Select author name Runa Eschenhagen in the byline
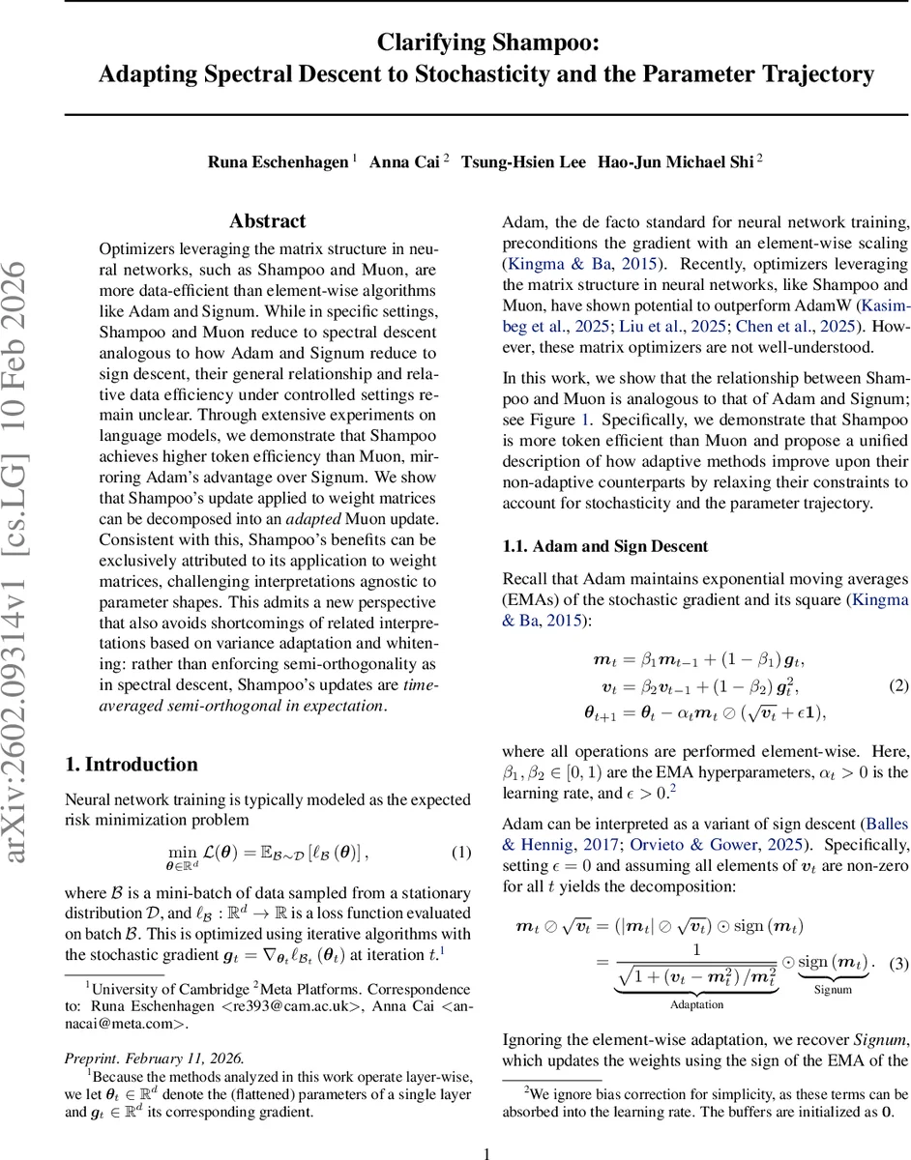[x=278, y=162]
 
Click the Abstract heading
[x=268, y=221]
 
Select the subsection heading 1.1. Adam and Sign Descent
[x=605, y=546]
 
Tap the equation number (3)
[x=898, y=964]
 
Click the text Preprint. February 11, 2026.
[x=154, y=1058]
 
